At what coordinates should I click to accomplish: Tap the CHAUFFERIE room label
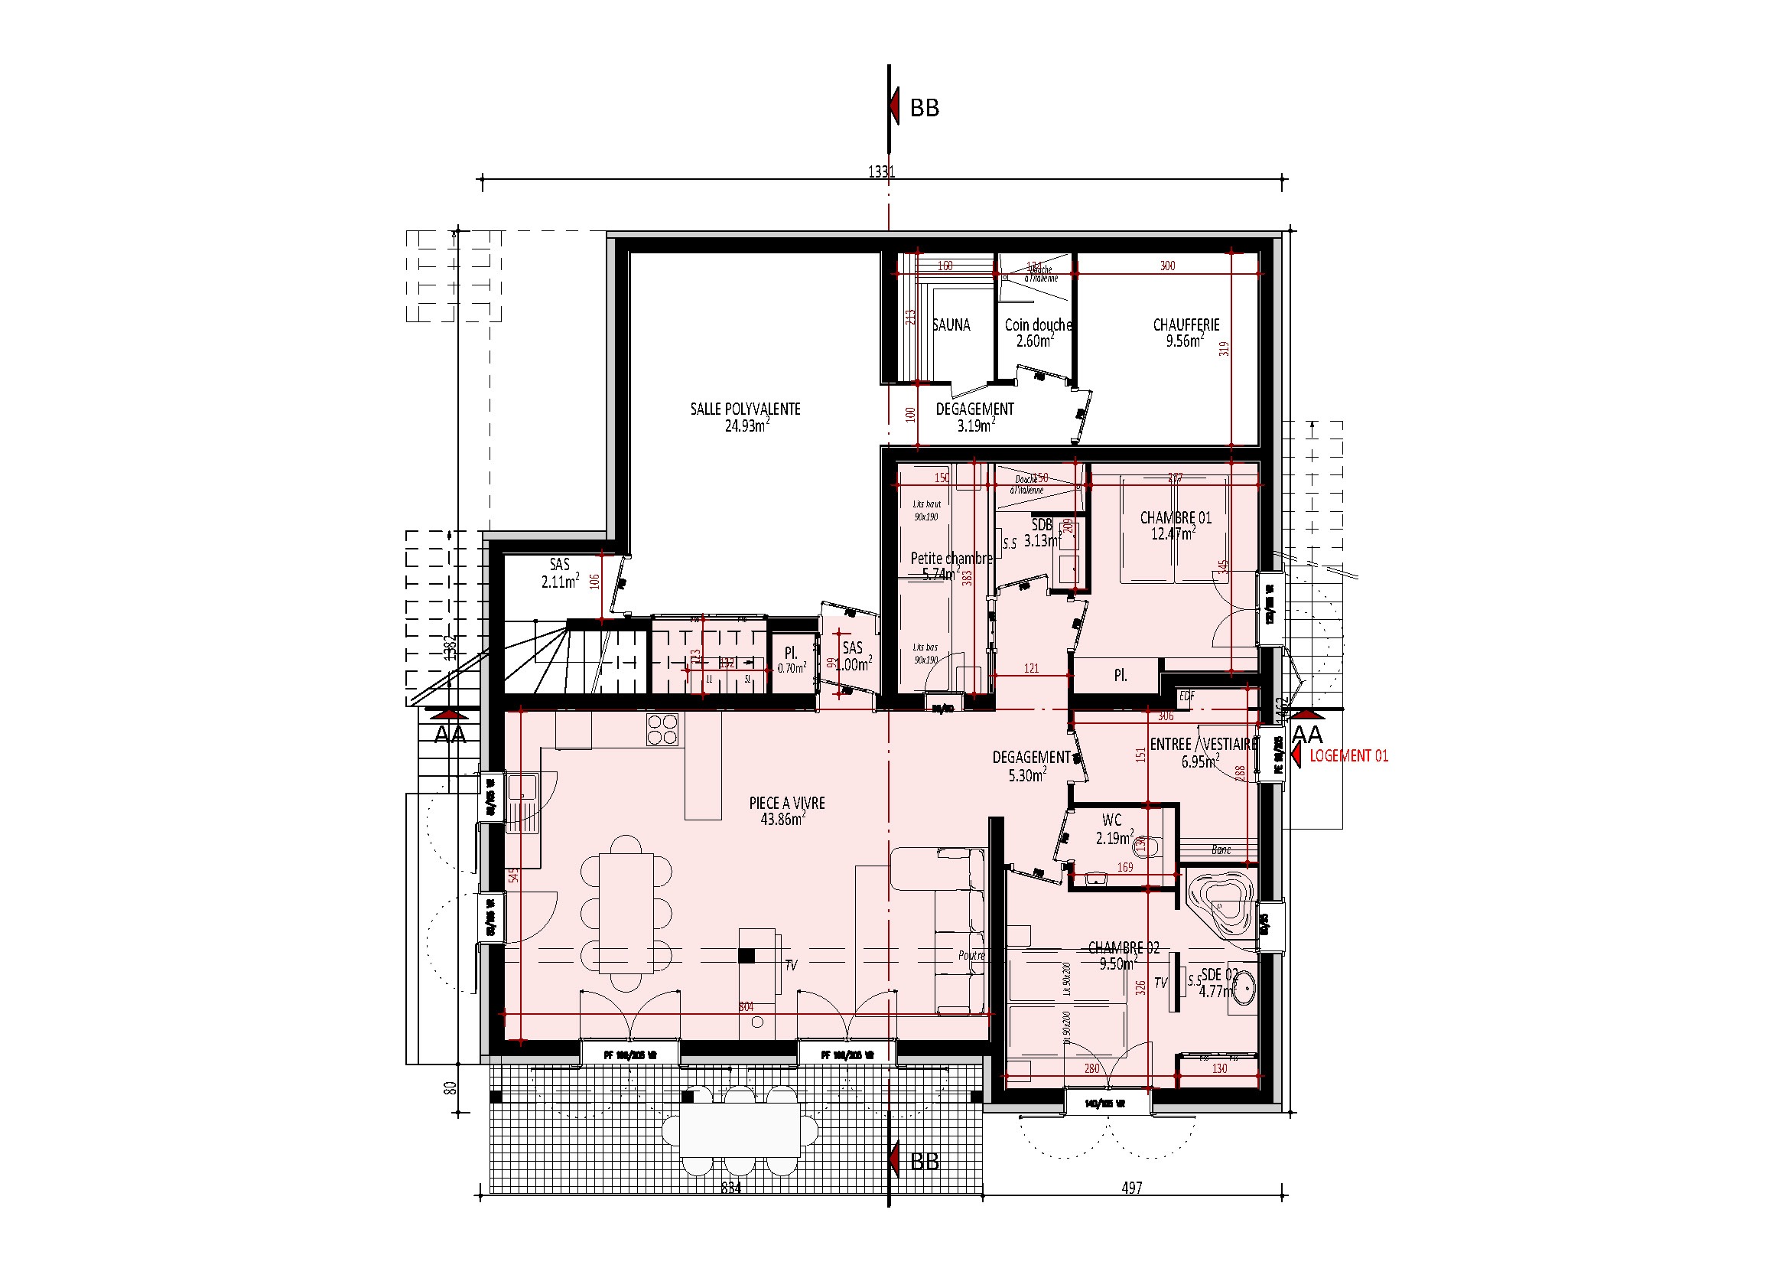pyautogui.click(x=1186, y=325)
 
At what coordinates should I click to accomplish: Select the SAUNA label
pyautogui.click(x=951, y=325)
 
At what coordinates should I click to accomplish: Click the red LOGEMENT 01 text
pyautogui.click(x=1348, y=755)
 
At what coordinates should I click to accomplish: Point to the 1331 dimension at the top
pyautogui.click(x=881, y=171)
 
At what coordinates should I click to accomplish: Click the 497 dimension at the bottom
pyautogui.click(x=1131, y=1187)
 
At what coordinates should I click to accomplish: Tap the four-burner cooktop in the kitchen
pyautogui.click(x=662, y=729)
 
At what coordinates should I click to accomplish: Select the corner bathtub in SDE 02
pyautogui.click(x=1221, y=909)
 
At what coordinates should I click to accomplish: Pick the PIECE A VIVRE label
pyautogui.click(x=786, y=803)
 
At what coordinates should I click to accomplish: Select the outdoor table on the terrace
pyautogui.click(x=740, y=1130)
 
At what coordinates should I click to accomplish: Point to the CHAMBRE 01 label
pyautogui.click(x=1175, y=517)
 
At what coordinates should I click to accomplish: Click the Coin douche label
pyautogui.click(x=1037, y=325)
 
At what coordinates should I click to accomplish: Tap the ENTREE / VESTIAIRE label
pyautogui.click(x=1203, y=745)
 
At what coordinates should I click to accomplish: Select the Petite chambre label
pyautogui.click(x=951, y=558)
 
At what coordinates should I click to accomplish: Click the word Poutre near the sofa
pyautogui.click(x=971, y=956)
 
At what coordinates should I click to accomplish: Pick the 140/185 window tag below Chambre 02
pyautogui.click(x=1105, y=1104)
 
